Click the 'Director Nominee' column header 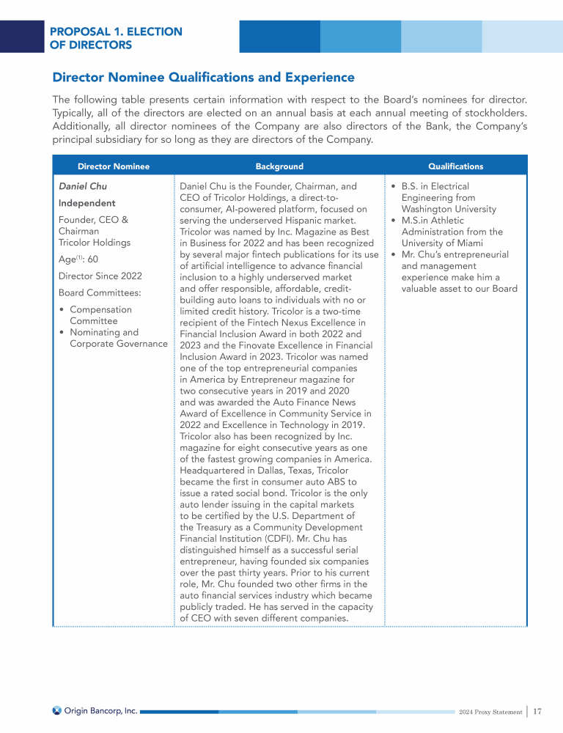coord(114,166)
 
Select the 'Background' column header coord(279,166)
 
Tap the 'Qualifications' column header coord(455,166)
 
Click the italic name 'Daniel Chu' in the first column coord(82,186)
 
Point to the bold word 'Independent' coord(87,203)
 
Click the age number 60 coord(93,259)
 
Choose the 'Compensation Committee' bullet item coord(100,315)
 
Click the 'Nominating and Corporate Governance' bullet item coord(117,338)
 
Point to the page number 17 coord(537,711)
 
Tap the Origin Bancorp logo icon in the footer coord(57,710)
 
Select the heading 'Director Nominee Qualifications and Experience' coord(203,78)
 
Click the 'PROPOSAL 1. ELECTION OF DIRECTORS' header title coord(116,38)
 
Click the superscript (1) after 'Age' coord(80,257)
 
